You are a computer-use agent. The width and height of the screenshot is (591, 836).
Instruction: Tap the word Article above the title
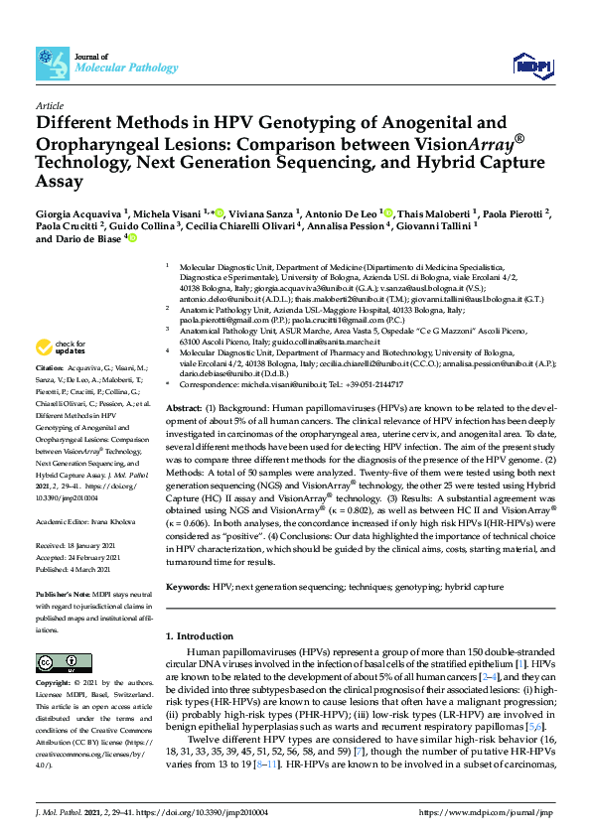tap(49, 105)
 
